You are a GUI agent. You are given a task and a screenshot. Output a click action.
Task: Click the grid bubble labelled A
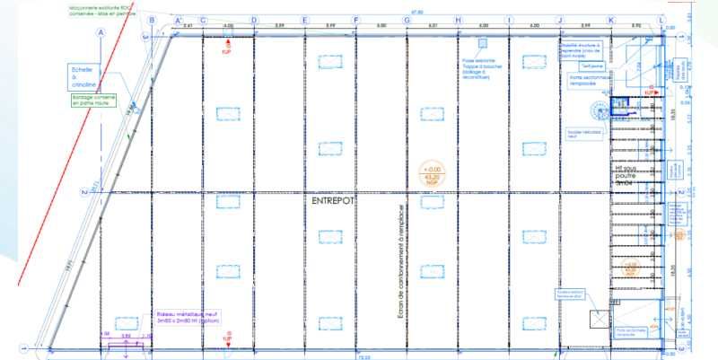pos(101,31)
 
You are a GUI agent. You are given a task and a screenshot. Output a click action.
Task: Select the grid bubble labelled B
pos(152,20)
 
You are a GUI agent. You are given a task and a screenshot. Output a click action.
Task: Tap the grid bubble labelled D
pos(254,20)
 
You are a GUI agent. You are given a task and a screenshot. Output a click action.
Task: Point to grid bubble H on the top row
pos(458,20)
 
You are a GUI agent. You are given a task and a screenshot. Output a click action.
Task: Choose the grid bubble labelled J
pos(559,20)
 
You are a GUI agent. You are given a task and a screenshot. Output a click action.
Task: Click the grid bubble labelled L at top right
pos(662,20)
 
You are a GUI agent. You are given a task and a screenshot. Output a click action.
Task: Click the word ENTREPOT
pos(332,202)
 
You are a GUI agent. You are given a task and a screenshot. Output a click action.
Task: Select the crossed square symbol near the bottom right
pos(598,320)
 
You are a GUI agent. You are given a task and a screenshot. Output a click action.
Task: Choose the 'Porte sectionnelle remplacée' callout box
pos(589,81)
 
